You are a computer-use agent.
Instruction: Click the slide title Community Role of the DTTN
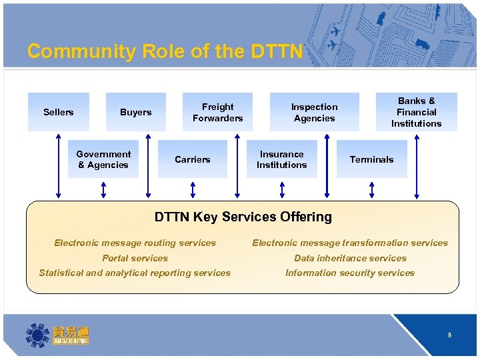(x=165, y=51)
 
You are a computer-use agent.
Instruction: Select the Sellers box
(x=59, y=112)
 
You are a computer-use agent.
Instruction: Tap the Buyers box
(x=136, y=112)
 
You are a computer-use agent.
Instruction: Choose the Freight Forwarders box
(x=217, y=112)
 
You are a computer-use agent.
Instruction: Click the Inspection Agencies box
(x=314, y=112)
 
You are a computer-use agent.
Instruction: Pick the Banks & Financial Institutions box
(x=416, y=112)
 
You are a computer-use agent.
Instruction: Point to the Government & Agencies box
(x=103, y=159)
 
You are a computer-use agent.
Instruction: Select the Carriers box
(x=192, y=159)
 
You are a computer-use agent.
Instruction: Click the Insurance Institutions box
(x=282, y=159)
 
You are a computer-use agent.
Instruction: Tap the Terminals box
(x=371, y=159)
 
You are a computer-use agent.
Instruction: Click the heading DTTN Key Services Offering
(x=243, y=217)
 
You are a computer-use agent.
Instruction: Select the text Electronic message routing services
(x=135, y=243)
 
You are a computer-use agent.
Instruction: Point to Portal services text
(x=135, y=258)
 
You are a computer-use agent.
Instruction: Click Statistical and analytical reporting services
(x=135, y=273)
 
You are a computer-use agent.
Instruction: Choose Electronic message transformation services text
(x=350, y=243)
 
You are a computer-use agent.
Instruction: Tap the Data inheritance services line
(x=350, y=258)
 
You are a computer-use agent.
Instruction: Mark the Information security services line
(x=350, y=273)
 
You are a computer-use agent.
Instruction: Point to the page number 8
(x=449, y=335)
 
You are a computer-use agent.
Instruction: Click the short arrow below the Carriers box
(x=193, y=190)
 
